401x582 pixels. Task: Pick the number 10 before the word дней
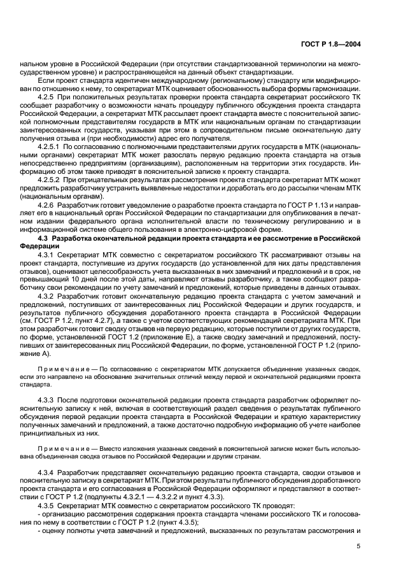(x=58, y=279)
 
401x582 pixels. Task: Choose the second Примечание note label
(x=60, y=448)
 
